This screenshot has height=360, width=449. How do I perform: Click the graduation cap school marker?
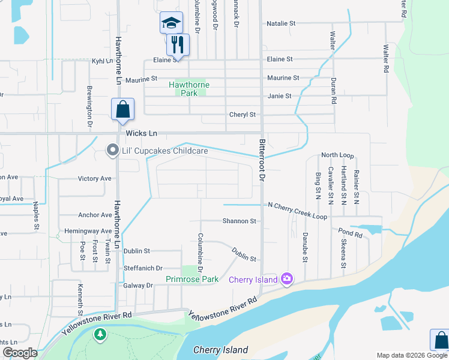[171, 23]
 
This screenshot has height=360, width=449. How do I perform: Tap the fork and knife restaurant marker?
[178, 44]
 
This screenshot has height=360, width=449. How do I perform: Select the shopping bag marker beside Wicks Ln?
[122, 109]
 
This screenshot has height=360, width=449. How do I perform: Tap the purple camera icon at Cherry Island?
[287, 278]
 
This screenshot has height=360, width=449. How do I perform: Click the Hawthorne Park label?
[189, 89]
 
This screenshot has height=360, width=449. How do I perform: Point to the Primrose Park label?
[192, 279]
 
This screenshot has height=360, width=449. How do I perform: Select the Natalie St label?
[281, 23]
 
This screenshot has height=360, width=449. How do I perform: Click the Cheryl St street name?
[243, 115]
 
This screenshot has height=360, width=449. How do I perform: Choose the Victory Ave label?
[95, 179]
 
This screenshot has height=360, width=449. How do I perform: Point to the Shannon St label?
[240, 221]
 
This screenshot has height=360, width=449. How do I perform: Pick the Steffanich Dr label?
[143, 268]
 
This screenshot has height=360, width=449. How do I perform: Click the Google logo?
[20, 353]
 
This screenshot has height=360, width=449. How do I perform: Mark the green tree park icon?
[100, 334]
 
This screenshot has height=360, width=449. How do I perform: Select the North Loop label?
[337, 155]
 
